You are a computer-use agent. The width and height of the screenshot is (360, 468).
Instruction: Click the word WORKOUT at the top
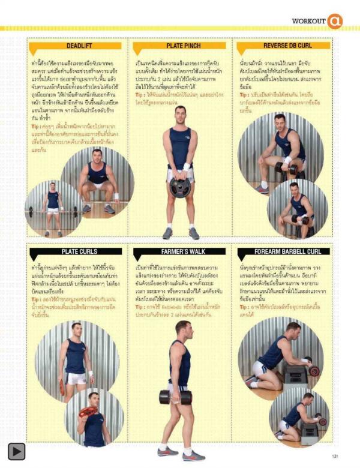coord(308,21)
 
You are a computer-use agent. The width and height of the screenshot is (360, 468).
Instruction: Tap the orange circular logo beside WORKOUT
coord(334,21)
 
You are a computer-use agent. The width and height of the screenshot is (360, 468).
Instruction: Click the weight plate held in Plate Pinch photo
coord(179,188)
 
